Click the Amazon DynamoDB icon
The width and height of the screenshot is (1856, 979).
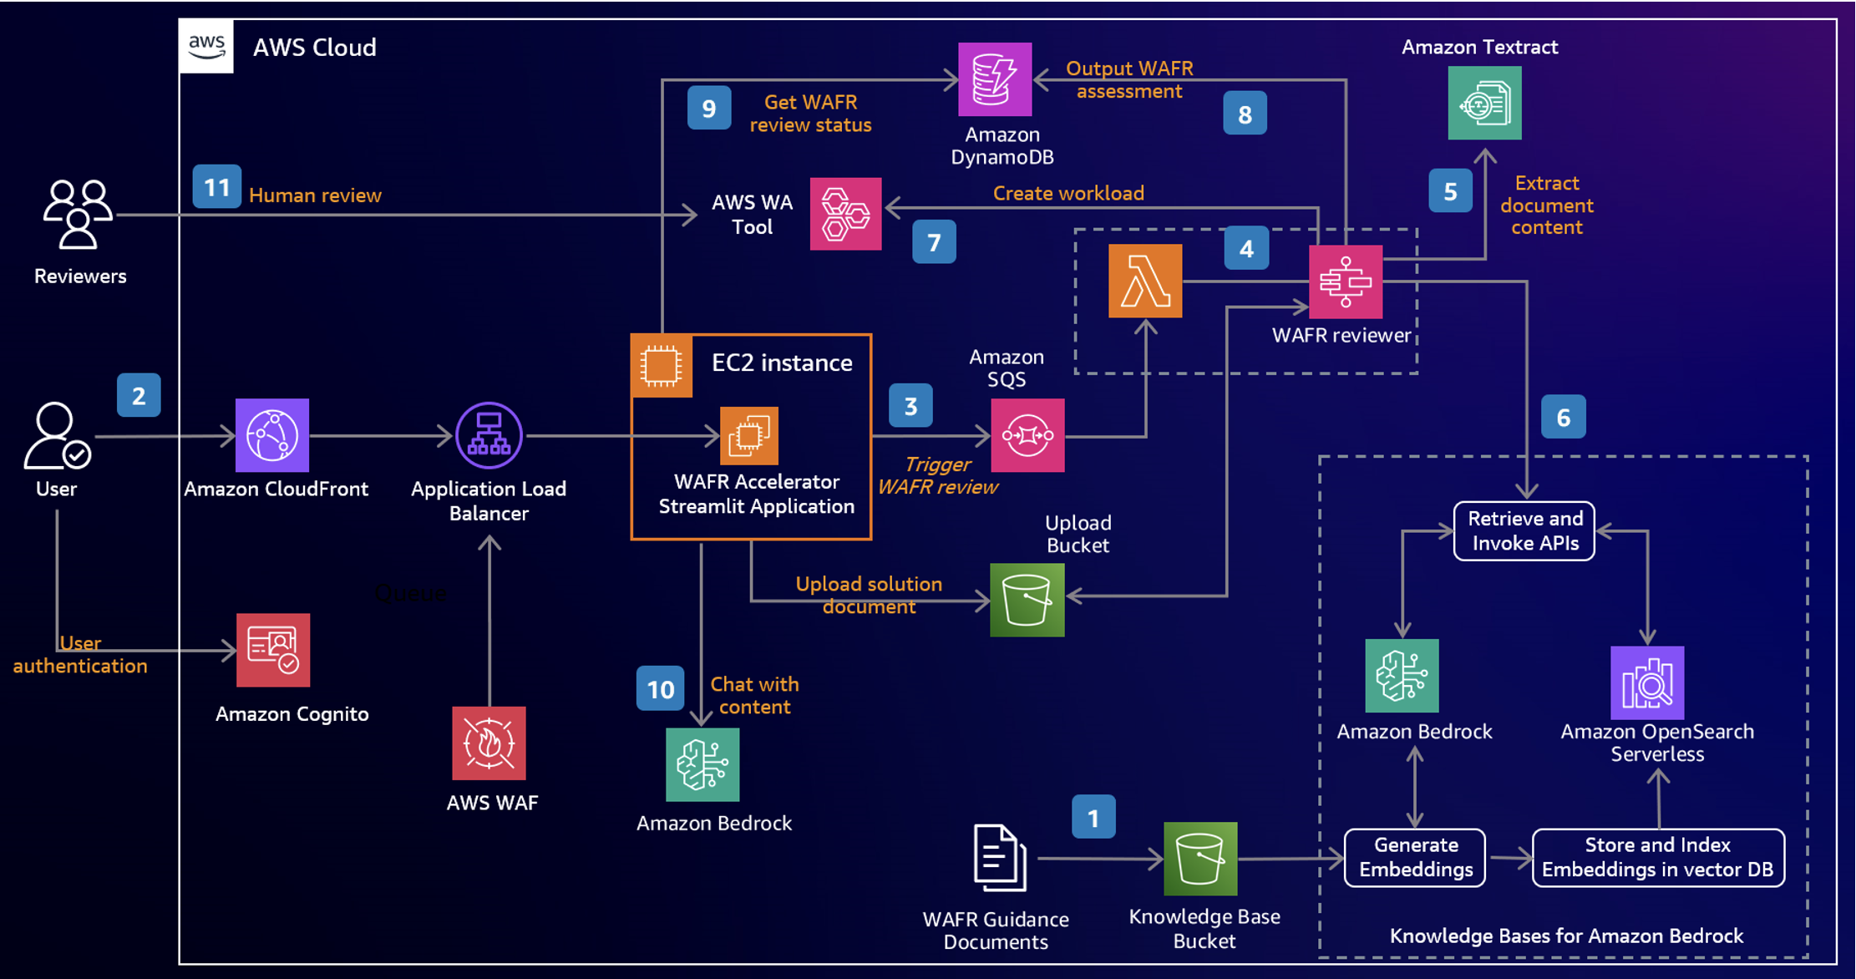pos(994,79)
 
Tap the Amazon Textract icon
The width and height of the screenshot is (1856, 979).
pos(1484,103)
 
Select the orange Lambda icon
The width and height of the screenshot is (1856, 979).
pos(1144,281)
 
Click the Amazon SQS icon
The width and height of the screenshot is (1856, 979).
pos(1027,435)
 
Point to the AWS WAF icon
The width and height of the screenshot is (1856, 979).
pos(489,743)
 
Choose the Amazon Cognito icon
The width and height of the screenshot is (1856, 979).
pos(273,650)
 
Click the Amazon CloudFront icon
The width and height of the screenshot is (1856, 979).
pos(272,435)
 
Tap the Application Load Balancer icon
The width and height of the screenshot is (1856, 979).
pos(489,435)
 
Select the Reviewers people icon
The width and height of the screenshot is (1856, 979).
pos(78,215)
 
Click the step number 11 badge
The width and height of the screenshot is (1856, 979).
pos(217,186)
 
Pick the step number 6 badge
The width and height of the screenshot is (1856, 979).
pos(1563,417)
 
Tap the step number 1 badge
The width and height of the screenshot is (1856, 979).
pos(1093,817)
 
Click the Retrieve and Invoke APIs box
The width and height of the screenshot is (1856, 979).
pos(1524,531)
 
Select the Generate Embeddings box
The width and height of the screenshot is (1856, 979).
pos(1415,858)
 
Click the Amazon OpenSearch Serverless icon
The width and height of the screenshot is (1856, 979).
pos(1646,682)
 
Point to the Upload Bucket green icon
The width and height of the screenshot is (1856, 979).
pos(1027,600)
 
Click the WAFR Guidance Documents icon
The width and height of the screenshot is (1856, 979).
pos(1000,858)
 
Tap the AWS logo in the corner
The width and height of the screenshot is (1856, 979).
pos(206,47)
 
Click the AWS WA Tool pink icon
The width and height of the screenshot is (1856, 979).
pos(845,214)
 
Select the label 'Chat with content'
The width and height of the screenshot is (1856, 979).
pos(754,695)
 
